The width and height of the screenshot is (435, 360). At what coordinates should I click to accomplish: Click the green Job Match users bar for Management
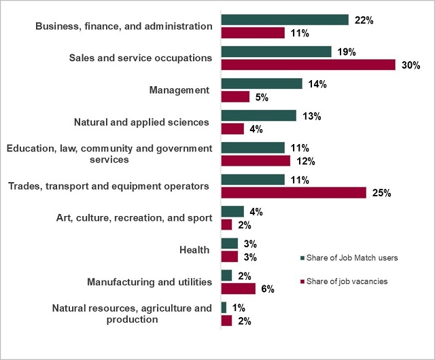262,84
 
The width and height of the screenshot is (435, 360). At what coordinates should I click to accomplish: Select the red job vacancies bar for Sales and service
308,65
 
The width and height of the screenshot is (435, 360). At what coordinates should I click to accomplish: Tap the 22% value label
364,20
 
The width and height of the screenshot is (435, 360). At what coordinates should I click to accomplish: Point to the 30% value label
411,65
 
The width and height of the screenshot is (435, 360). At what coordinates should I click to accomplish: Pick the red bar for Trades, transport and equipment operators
294,192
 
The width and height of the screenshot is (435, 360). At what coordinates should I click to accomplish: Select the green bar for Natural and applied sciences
259,115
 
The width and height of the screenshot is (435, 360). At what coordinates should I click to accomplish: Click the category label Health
194,250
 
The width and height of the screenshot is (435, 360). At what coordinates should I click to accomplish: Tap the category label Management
179,90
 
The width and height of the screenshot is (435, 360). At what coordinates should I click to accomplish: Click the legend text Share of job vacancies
347,282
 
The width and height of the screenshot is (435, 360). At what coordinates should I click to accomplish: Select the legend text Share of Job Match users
350,258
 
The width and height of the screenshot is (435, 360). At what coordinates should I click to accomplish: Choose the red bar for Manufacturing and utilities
239,289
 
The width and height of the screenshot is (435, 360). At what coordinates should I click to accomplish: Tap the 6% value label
267,289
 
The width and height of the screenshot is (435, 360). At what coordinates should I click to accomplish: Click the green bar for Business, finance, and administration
285,20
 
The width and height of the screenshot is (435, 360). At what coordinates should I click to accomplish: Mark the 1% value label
239,308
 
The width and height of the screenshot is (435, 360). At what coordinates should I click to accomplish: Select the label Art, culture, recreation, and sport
135,218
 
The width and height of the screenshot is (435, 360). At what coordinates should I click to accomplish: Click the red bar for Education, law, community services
256,160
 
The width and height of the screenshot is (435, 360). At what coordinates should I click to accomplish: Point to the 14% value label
317,84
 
